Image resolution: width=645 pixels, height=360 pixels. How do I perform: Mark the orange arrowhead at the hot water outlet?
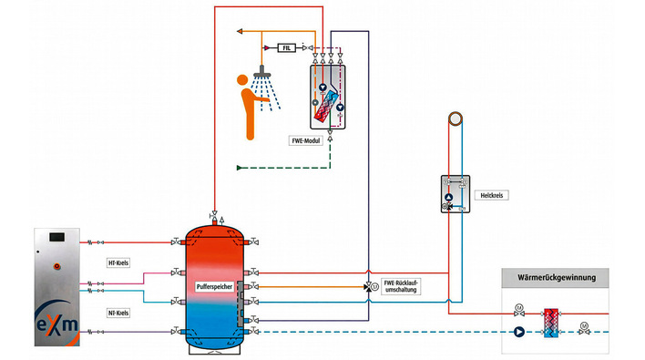[x=238, y=30]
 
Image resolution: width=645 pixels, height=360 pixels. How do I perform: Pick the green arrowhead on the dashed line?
[x=240, y=168]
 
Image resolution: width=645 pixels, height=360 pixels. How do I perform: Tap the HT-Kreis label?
[x=119, y=262]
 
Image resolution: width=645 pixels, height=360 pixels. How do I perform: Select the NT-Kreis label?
[x=119, y=313]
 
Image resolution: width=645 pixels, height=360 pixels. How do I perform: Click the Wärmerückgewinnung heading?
[x=554, y=276]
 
